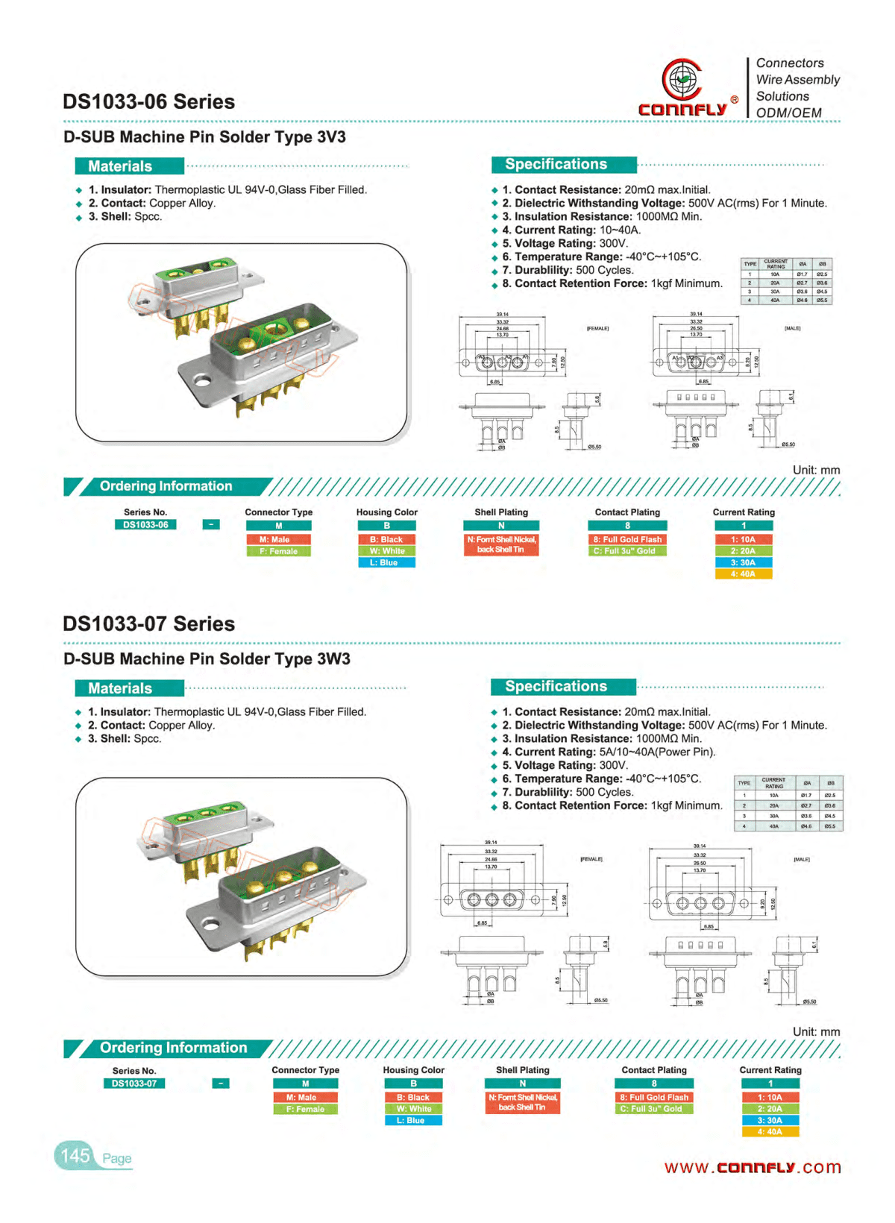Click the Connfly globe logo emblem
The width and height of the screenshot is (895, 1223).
coord(682,79)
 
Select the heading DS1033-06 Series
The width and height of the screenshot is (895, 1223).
coord(148,102)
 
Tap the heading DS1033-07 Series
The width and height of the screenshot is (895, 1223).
coord(148,624)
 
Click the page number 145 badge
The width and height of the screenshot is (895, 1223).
coord(75,1156)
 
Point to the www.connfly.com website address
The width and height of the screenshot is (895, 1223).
coord(752,1168)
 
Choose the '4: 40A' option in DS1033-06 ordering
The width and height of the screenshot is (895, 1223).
coord(743,574)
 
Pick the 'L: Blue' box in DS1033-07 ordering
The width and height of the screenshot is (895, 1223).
coord(413,1120)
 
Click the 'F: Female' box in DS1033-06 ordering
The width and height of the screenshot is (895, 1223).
coord(278,551)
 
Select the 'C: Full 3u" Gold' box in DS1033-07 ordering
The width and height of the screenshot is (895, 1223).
coord(654,1109)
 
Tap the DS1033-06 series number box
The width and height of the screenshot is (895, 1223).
coord(145,525)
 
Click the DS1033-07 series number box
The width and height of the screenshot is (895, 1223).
coord(134,1084)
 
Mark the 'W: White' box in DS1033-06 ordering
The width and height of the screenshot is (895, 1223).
coord(386,551)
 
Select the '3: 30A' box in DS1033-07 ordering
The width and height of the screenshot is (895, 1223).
coord(770,1120)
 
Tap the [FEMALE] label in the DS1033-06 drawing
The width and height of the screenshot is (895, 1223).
coord(597,328)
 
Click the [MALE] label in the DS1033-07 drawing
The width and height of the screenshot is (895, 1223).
coord(801,859)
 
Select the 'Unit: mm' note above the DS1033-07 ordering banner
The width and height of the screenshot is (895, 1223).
coord(816,1031)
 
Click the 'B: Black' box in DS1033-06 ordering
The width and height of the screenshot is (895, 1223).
coord(386,539)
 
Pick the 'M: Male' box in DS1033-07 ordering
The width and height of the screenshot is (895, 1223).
coord(306,1097)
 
